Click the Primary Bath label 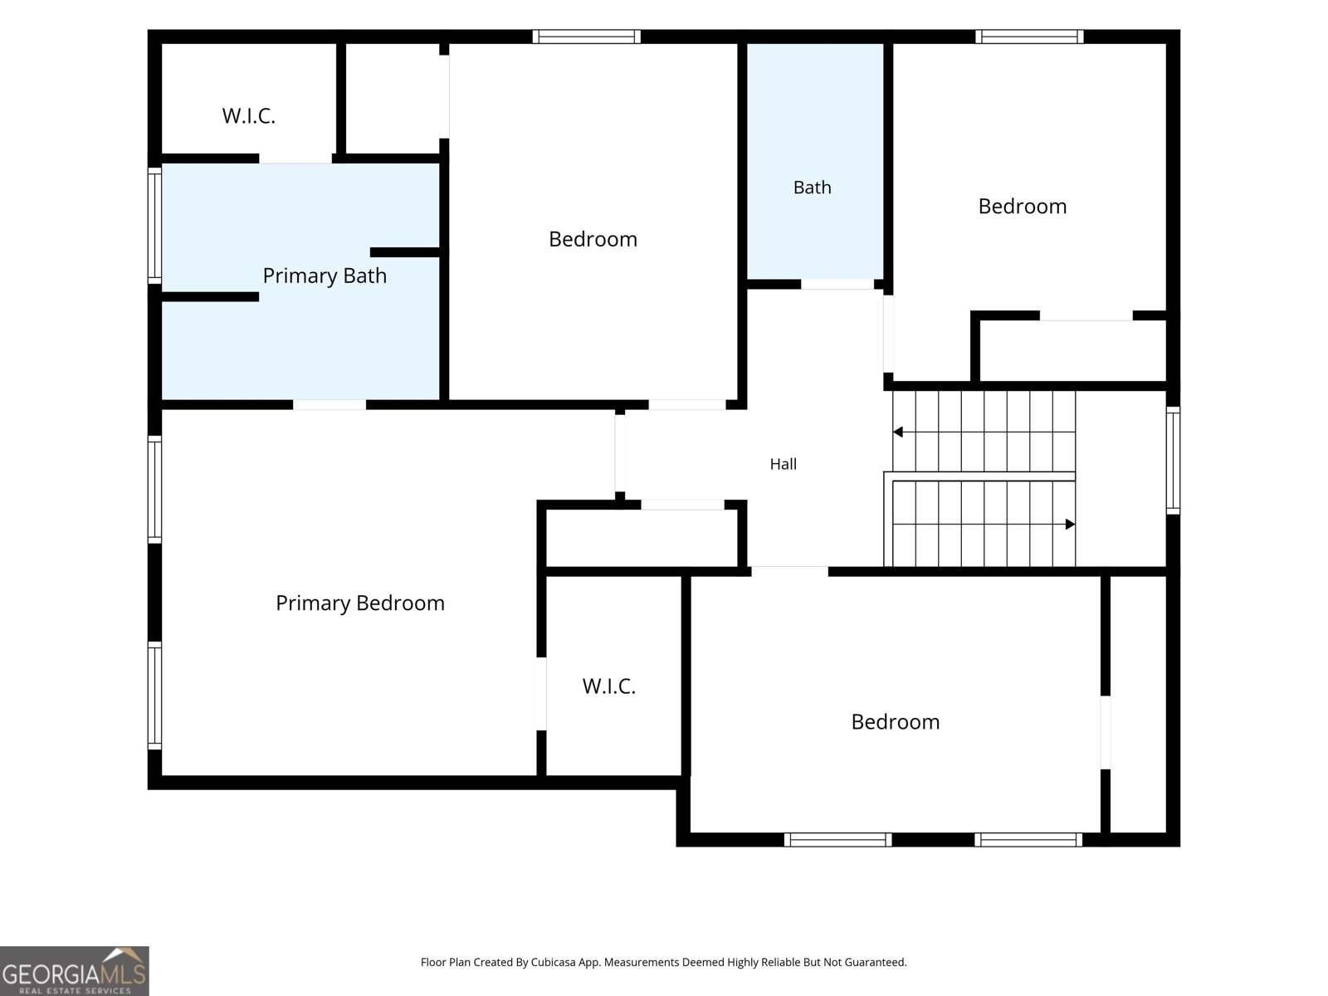pos(325,276)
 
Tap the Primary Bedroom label pos(360,603)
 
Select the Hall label pos(783,464)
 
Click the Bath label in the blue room pos(812,188)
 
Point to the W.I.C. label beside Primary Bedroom pos(608,686)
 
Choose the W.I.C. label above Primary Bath pos(249,115)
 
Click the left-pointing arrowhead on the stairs pos(898,432)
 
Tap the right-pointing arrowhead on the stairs pos(1070,524)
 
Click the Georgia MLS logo pos(75,971)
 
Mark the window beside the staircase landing pos(1173,460)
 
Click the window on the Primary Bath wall pos(155,226)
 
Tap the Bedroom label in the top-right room pos(1023,206)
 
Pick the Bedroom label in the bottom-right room pos(896,721)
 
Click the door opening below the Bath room pos(837,284)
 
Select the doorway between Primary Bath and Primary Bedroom pos(330,404)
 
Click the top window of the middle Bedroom pos(586,37)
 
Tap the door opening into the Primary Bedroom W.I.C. pos(542,694)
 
